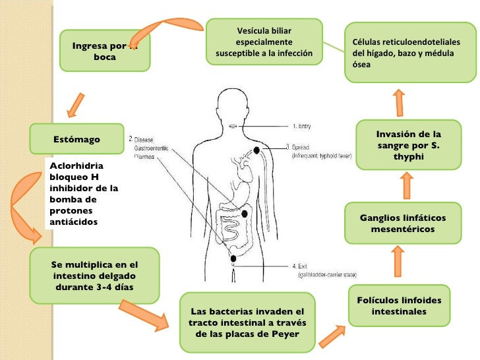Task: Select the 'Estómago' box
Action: click(x=77, y=139)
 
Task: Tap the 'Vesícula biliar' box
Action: click(x=264, y=42)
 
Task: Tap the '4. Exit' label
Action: click(x=302, y=266)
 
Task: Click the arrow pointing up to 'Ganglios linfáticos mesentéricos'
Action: click(x=398, y=261)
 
